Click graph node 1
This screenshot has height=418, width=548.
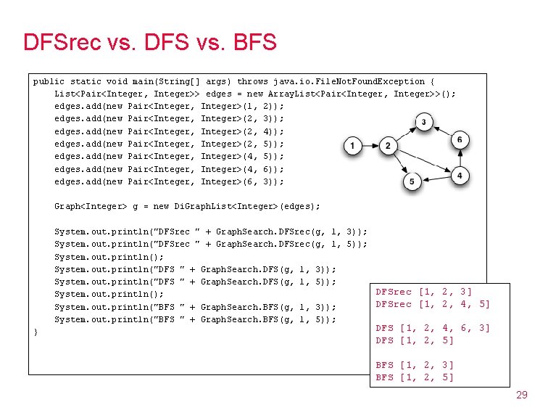pyautogui.click(x=352, y=147)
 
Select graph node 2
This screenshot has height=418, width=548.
pyautogui.click(x=388, y=147)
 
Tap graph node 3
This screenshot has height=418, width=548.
pyautogui.click(x=423, y=121)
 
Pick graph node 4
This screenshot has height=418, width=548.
pyautogui.click(x=460, y=176)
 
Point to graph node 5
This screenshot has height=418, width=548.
pyautogui.click(x=412, y=181)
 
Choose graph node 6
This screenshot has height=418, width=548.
pyautogui.click(x=460, y=139)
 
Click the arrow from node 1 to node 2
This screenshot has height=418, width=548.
pyautogui.click(x=370, y=147)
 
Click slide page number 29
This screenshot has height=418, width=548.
pyautogui.click(x=521, y=395)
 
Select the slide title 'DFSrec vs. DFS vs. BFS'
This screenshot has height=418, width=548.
pyautogui.click(x=150, y=42)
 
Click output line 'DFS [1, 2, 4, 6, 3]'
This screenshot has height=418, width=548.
pyautogui.click(x=433, y=328)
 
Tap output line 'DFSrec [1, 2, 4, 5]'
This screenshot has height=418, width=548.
pyautogui.click(x=433, y=304)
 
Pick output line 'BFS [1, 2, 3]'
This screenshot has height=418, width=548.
pyautogui.click(x=415, y=365)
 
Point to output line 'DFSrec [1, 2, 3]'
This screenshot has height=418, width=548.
pyautogui.click(x=424, y=292)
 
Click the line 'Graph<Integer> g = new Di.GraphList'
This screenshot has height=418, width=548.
pyautogui.click(x=187, y=206)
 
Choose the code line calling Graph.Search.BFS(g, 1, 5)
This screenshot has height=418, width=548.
pyautogui.click(x=195, y=319)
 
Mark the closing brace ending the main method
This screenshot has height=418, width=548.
pyautogui.click(x=36, y=332)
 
